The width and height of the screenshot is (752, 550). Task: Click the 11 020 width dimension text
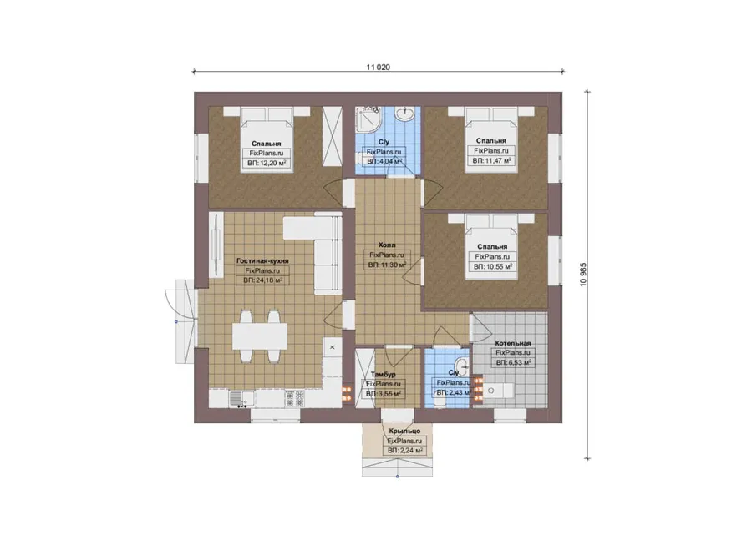tap(378, 67)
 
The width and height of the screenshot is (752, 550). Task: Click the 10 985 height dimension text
tap(583, 275)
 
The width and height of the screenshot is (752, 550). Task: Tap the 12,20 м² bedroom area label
tap(267, 164)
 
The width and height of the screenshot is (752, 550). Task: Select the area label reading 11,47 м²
tap(491, 161)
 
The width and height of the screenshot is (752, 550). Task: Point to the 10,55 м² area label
tap(492, 267)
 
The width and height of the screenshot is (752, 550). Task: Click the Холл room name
tap(387, 245)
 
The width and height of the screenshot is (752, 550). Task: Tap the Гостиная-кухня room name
tap(262, 261)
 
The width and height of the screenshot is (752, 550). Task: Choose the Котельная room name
tap(513, 343)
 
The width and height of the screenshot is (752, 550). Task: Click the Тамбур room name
tap(384, 374)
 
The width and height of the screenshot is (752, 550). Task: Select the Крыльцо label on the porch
tap(404, 431)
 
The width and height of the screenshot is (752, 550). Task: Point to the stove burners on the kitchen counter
tap(295, 399)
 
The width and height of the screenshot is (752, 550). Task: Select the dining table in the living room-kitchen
tap(260, 336)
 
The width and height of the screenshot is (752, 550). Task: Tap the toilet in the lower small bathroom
tap(441, 400)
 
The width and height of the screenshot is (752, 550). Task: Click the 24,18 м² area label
tap(262, 280)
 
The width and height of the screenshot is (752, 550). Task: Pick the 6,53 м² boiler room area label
tap(513, 363)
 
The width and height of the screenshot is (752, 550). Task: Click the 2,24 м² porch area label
tap(404, 451)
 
